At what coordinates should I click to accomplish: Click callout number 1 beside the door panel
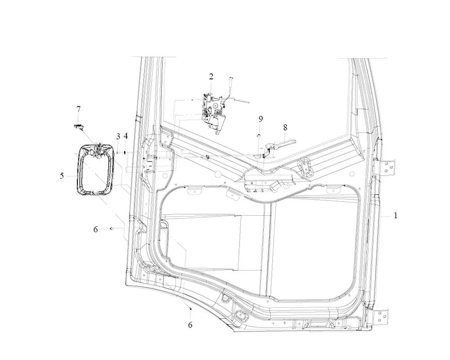[396, 215]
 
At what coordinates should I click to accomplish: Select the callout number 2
[211, 76]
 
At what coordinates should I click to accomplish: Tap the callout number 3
[118, 136]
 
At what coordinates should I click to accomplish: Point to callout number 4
[126, 136]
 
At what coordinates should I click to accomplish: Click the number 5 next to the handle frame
[62, 175]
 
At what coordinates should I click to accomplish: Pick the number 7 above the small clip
[78, 109]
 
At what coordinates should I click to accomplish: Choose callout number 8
[285, 127]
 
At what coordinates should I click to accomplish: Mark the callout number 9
[261, 118]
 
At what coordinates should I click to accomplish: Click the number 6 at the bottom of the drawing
[190, 325]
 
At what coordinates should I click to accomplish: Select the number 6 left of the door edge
[95, 229]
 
